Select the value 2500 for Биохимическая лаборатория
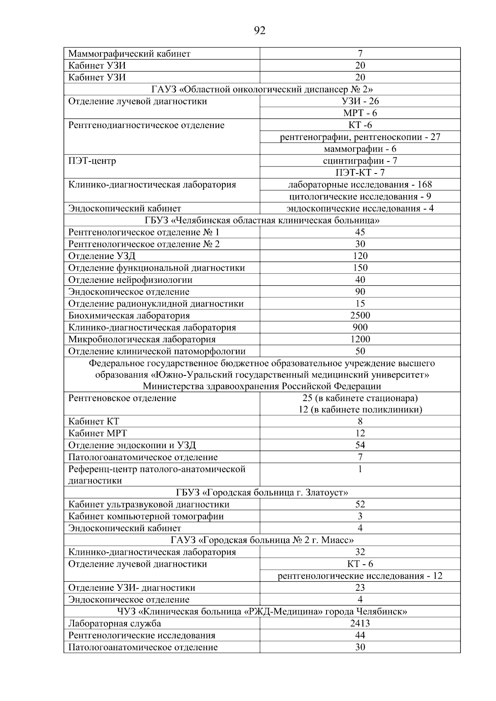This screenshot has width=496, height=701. click(x=360, y=316)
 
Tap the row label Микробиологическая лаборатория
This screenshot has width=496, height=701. click(x=142, y=340)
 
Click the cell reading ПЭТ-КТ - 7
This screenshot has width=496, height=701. click(x=360, y=173)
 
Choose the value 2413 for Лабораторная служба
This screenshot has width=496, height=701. click(x=360, y=623)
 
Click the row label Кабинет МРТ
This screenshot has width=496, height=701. click(x=98, y=433)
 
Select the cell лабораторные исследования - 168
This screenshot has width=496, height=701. click(x=360, y=185)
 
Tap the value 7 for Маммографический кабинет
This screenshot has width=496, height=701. click(x=360, y=54)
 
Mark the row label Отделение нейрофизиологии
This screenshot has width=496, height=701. click(x=130, y=280)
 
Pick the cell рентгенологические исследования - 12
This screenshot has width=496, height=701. click(x=360, y=576)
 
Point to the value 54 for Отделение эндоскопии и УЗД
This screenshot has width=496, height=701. click(x=360, y=445)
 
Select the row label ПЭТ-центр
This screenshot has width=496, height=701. click(x=92, y=161)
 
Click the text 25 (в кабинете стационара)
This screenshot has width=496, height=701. click(x=360, y=398)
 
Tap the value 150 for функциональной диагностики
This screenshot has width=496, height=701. click(x=360, y=268)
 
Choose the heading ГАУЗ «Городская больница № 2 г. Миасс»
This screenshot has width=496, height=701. click(x=262, y=540)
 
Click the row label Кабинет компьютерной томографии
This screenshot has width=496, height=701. click(x=146, y=516)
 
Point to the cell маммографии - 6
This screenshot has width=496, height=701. click(x=360, y=149)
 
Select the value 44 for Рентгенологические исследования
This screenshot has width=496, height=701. click(x=360, y=635)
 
